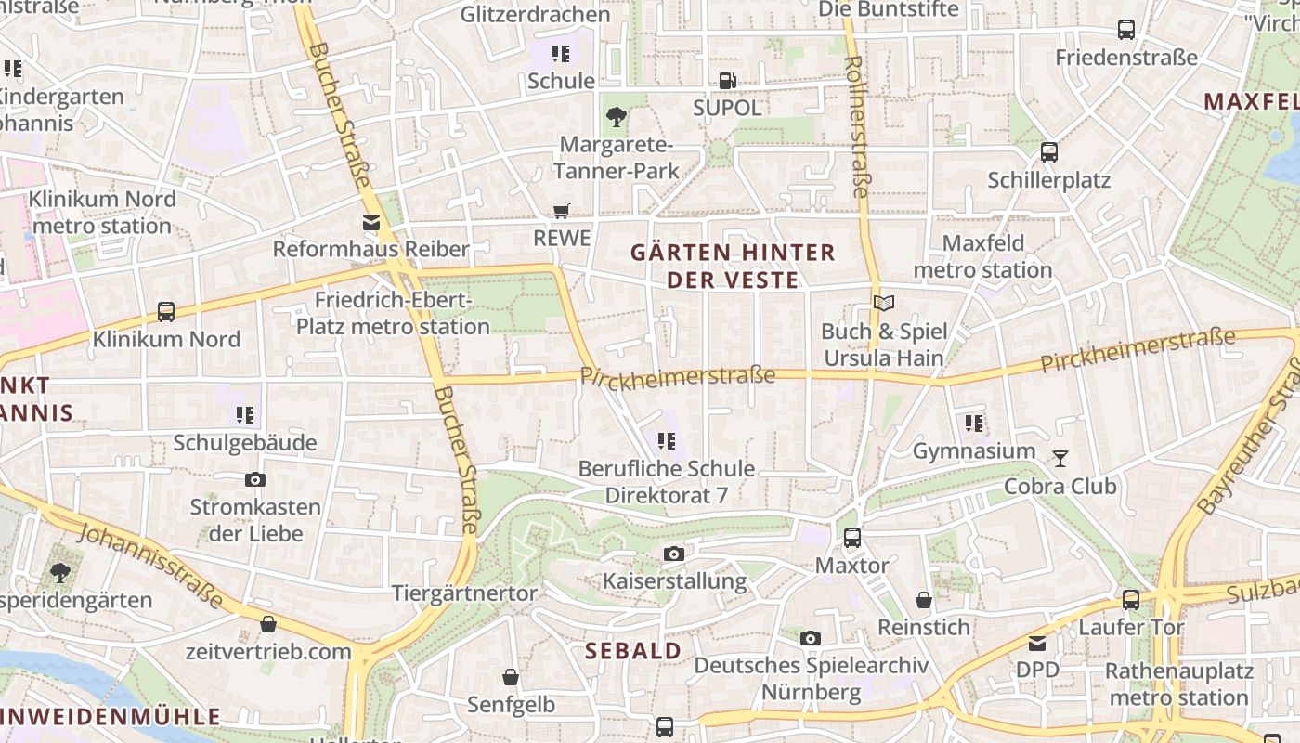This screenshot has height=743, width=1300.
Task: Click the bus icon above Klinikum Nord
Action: pyautogui.click(x=166, y=312)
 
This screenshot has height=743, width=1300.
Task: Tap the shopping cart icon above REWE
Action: pyautogui.click(x=561, y=211)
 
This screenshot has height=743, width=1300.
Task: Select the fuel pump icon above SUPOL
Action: pyautogui.click(x=728, y=81)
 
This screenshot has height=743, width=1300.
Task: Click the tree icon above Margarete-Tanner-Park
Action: pyautogui.click(x=616, y=117)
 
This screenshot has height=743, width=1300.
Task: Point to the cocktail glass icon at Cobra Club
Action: pyautogui.click(x=1059, y=459)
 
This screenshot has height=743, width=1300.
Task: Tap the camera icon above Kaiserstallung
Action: pyautogui.click(x=674, y=554)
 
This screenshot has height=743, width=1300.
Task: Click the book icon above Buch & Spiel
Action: pyautogui.click(x=884, y=304)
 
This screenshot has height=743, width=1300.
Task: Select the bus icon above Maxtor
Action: pyautogui.click(x=851, y=538)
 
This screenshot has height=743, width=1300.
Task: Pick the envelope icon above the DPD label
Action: pyautogui.click(x=1037, y=643)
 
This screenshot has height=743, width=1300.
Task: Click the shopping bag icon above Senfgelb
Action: pyautogui.click(x=511, y=677)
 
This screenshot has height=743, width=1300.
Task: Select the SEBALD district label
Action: pyautogui.click(x=634, y=651)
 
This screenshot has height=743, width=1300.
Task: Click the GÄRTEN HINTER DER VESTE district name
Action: pyautogui.click(x=733, y=266)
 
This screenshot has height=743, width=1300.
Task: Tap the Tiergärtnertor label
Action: pyautogui.click(x=464, y=593)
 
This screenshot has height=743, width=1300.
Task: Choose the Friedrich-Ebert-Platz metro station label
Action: pyautogui.click(x=393, y=313)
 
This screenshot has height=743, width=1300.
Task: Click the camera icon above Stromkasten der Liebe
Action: pyautogui.click(x=255, y=480)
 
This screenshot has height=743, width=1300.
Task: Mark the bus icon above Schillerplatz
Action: pyautogui.click(x=1049, y=152)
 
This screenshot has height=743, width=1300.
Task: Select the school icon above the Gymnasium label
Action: pyautogui.click(x=974, y=424)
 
